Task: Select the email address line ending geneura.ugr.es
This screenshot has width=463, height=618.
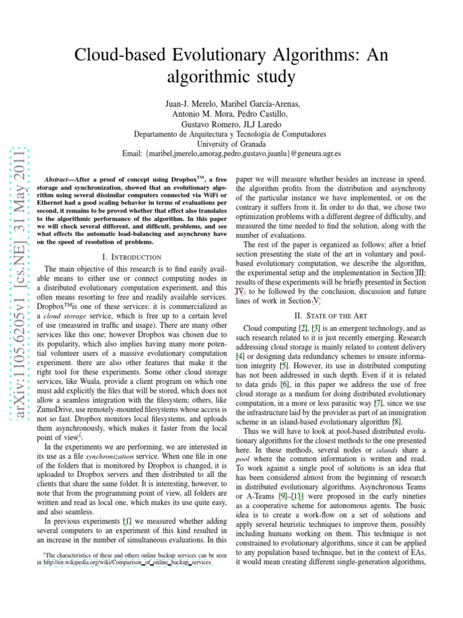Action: [x=231, y=154]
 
